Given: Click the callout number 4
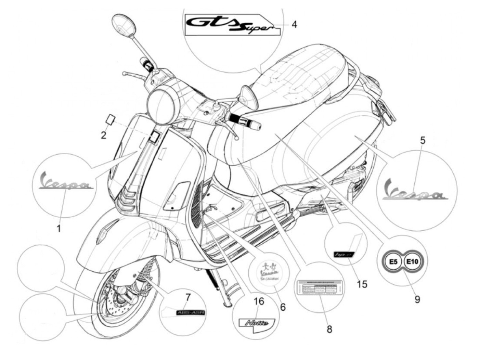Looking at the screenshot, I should tap(294, 24).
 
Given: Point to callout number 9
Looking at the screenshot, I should tap(417, 299).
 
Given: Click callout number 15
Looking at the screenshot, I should tap(362, 284).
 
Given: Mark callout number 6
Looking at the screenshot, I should tap(283, 307).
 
